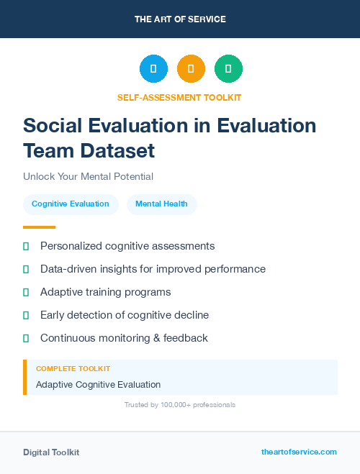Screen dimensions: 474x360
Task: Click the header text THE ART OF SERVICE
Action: pos(180,19)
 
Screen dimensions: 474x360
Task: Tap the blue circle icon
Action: pos(153,68)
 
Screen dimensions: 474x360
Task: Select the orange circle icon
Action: pos(191,68)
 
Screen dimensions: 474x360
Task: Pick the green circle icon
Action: pos(228,68)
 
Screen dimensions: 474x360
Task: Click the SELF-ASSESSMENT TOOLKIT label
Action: pos(180,97)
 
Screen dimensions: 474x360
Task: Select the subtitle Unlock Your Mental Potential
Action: pos(88,176)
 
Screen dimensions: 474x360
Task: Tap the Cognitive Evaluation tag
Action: pos(71,204)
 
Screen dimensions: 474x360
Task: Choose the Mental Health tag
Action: pos(161,204)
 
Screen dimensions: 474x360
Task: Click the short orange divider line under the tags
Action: pos(35,227)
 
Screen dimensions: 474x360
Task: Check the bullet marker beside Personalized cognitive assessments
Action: pos(26,246)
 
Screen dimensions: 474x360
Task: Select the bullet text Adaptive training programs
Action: pos(105,292)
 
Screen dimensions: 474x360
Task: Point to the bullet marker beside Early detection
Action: pos(26,315)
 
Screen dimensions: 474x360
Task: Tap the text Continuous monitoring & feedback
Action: pos(124,338)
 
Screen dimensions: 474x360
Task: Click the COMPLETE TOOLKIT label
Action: pos(73,368)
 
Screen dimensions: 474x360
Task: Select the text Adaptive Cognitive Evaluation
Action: pos(98,385)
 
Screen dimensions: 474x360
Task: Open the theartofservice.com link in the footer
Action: pos(299,452)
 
